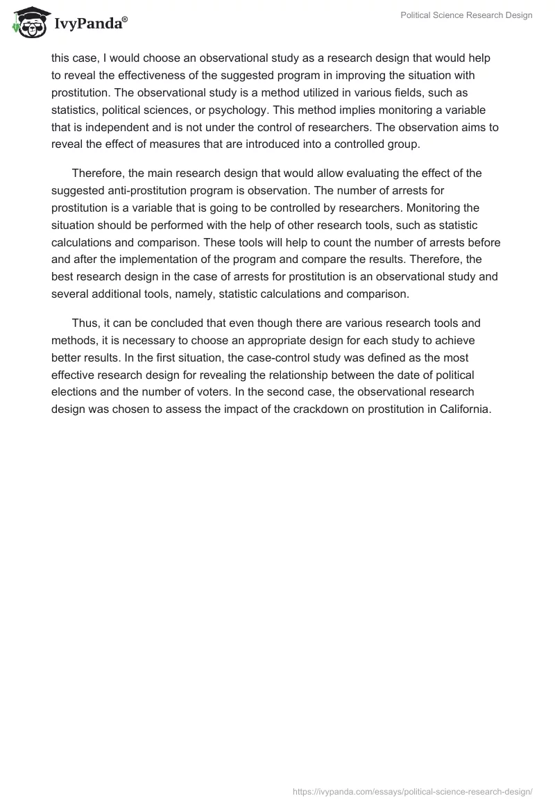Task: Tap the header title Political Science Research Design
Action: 466,16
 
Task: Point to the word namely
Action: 205,294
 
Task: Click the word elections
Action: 74,393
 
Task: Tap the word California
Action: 465,410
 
